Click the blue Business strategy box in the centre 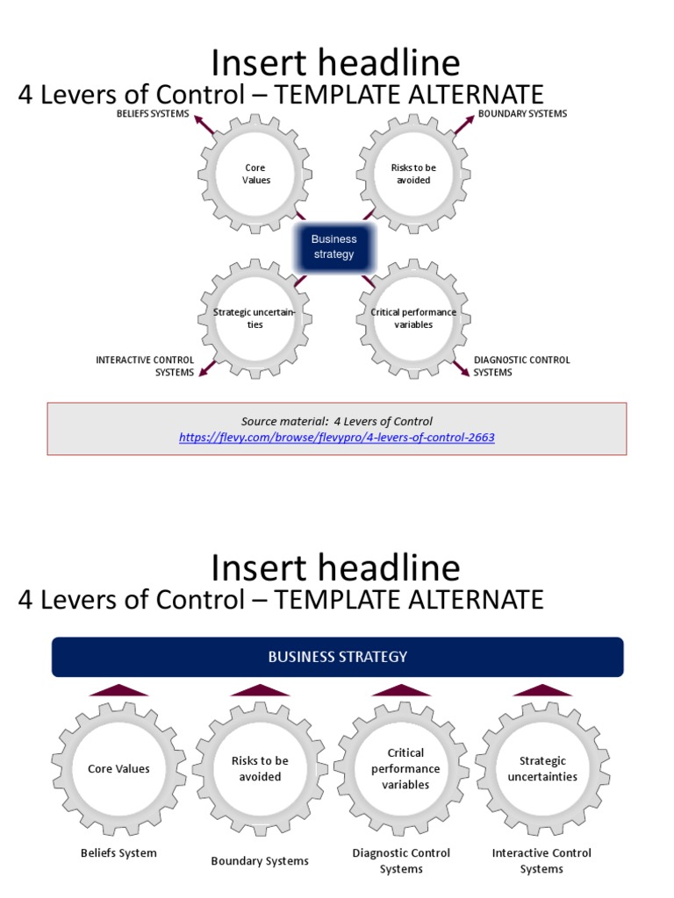click(333, 246)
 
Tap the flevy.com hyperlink click(337, 437)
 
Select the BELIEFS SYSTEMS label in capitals click(153, 114)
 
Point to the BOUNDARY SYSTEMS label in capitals click(522, 114)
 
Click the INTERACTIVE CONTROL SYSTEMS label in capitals click(146, 366)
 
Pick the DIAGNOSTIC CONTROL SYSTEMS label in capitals click(521, 366)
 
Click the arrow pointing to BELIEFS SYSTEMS click(203, 124)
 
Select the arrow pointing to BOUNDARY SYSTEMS click(464, 124)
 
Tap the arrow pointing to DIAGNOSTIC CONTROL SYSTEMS click(461, 368)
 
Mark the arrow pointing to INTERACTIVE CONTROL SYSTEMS click(207, 368)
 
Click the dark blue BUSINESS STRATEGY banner click(337, 657)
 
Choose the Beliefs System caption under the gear click(118, 852)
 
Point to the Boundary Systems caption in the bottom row click(260, 861)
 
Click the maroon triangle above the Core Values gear click(118, 690)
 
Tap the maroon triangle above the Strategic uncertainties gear click(542, 690)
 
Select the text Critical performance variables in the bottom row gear click(405, 768)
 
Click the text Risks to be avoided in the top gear click(412, 174)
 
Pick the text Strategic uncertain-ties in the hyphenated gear click(255, 318)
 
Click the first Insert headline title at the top click(336, 63)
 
